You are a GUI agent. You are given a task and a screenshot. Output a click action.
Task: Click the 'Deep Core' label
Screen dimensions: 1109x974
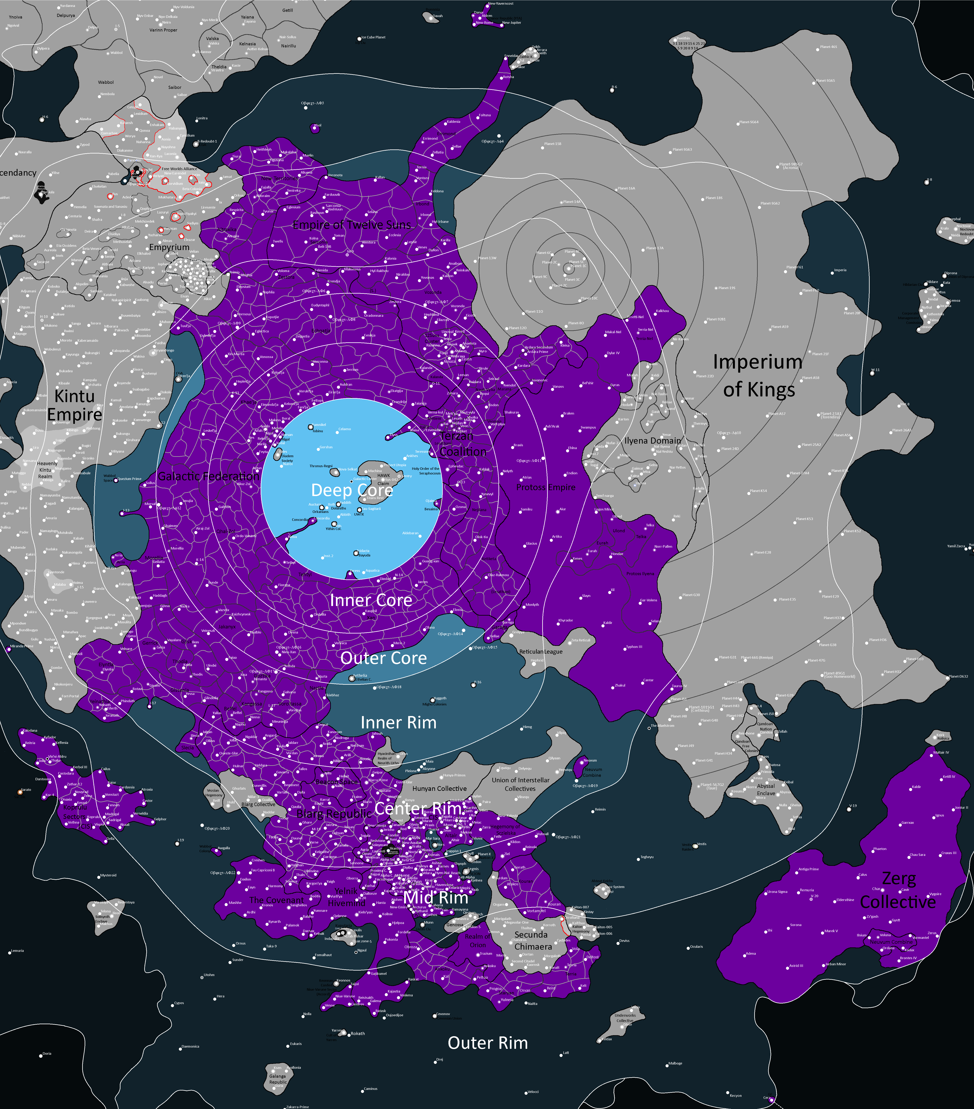[x=352, y=490]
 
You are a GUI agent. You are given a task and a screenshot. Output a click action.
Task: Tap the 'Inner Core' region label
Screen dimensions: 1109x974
[x=371, y=600]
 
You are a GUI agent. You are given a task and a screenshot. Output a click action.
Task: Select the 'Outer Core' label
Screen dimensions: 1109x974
[x=383, y=658]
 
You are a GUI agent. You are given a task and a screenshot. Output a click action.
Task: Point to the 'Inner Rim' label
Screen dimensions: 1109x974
[x=399, y=723]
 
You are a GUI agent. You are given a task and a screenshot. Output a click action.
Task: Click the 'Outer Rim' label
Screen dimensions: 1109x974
[x=488, y=1043]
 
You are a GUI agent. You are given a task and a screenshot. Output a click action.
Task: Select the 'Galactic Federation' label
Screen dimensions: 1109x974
[x=209, y=476]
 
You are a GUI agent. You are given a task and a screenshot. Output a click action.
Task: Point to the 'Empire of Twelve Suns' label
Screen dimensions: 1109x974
[x=352, y=225]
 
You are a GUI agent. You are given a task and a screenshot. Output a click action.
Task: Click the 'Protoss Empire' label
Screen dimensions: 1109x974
[x=546, y=487]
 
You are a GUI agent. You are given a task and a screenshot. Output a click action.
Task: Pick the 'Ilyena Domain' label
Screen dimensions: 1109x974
[x=653, y=441]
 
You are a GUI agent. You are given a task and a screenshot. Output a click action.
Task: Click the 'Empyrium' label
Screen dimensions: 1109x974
[x=169, y=247]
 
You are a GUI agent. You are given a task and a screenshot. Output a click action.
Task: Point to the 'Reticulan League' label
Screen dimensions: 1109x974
[x=541, y=651]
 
